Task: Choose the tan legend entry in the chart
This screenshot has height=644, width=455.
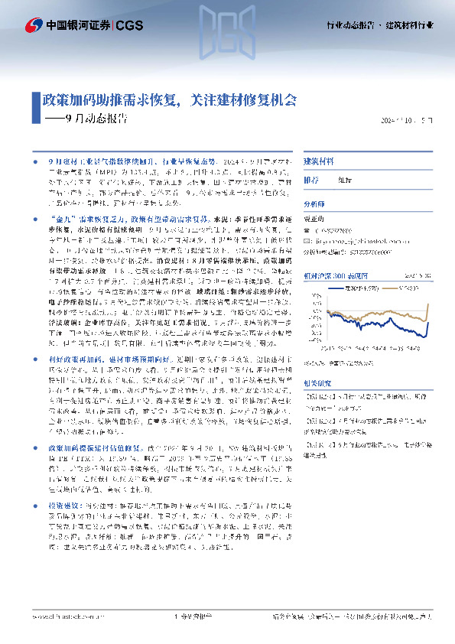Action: pyautogui.click(x=401, y=288)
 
